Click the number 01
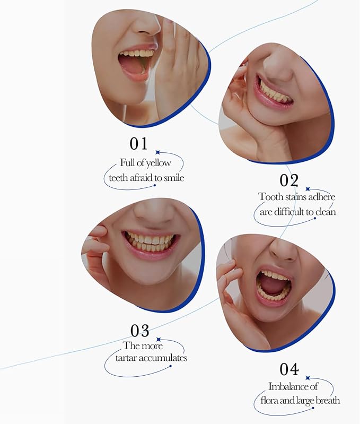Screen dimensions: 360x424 (x=138, y=144)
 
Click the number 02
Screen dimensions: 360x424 (x=289, y=180)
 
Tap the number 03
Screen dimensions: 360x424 (x=139, y=331)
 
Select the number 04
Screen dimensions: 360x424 (x=289, y=369)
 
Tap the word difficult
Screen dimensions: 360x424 (x=289, y=212)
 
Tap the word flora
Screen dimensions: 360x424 (x=269, y=401)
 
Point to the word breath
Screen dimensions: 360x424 (x=328, y=401)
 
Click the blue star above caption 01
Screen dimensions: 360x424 (x=157, y=152)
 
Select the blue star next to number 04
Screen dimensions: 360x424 (x=308, y=378)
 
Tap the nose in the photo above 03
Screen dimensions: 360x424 (x=154, y=214)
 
